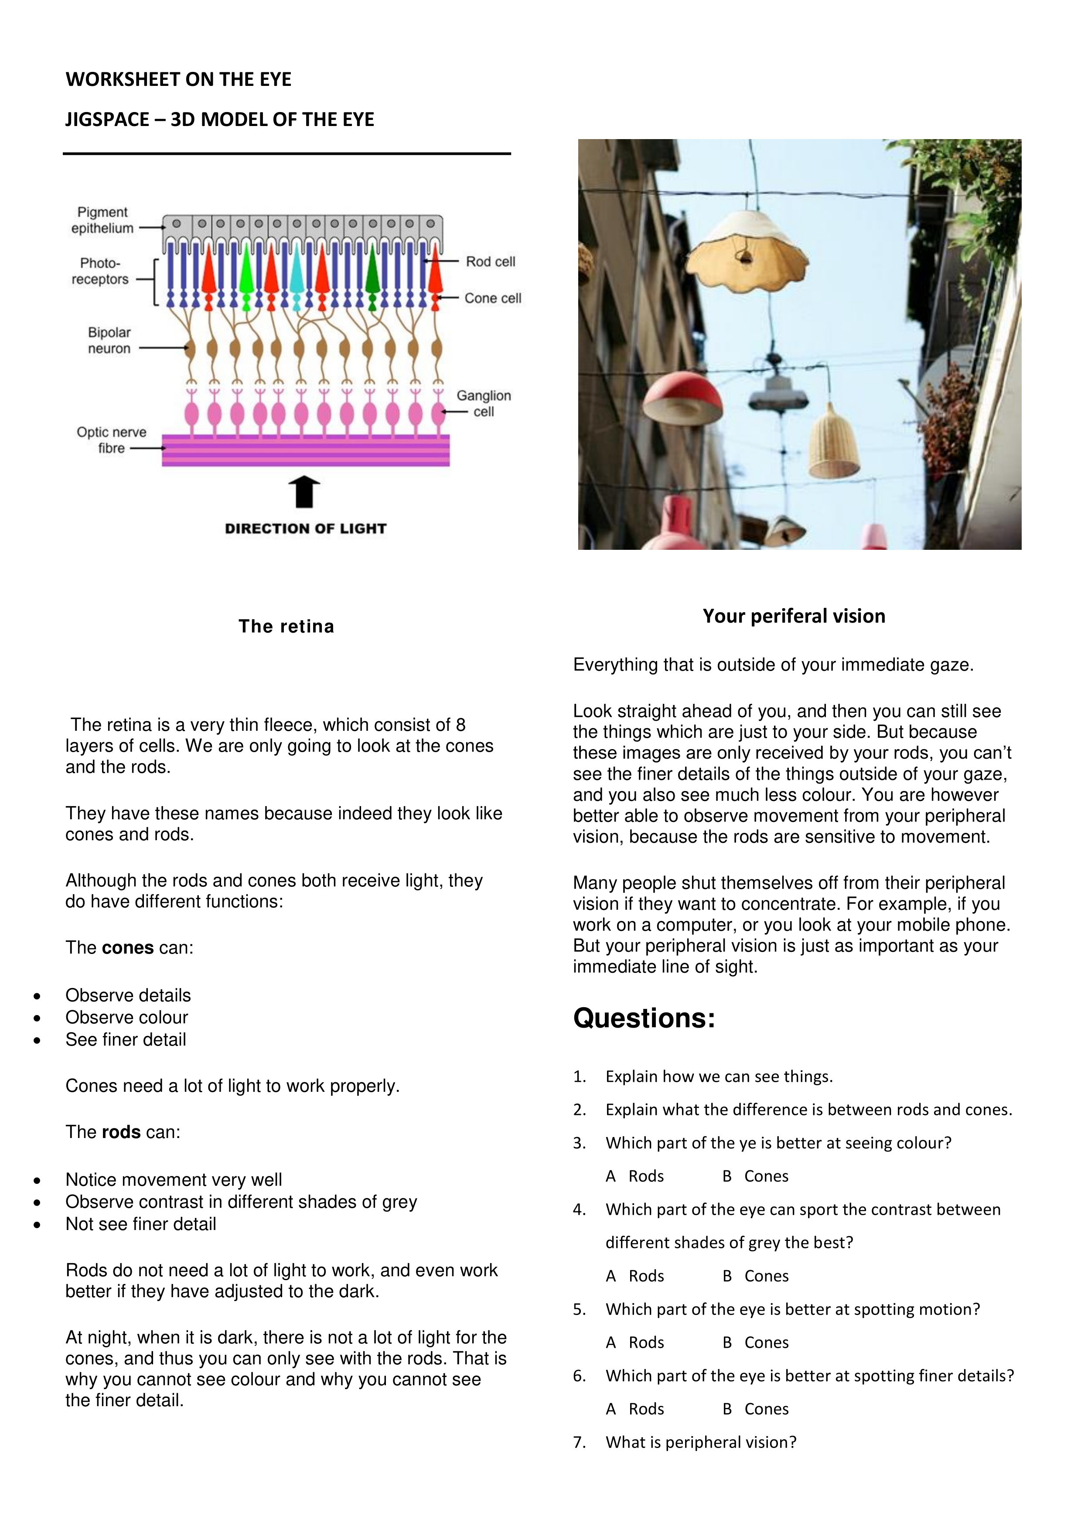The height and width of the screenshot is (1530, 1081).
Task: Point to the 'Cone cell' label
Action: pos(492,299)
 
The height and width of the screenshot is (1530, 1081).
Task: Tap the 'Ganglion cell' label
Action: pos(483,404)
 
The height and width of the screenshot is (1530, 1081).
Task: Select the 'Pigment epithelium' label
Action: pos(102,220)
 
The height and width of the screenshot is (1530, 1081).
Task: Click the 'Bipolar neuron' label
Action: pos(109,341)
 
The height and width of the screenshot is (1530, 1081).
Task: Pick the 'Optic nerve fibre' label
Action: pos(111,440)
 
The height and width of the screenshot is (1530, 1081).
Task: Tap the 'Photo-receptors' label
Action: pos(100,271)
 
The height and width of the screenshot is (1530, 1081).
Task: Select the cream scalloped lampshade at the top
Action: pos(747,250)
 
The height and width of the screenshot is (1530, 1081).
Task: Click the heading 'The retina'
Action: pos(286,627)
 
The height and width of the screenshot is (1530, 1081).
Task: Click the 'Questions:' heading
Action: pos(644,1018)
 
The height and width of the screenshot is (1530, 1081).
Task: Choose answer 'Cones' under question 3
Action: pos(766,1176)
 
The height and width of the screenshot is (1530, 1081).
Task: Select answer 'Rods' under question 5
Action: pos(646,1343)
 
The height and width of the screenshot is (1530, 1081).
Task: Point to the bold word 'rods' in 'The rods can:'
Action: pos(121,1132)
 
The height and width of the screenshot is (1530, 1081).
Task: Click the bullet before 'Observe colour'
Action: pos(38,1018)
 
